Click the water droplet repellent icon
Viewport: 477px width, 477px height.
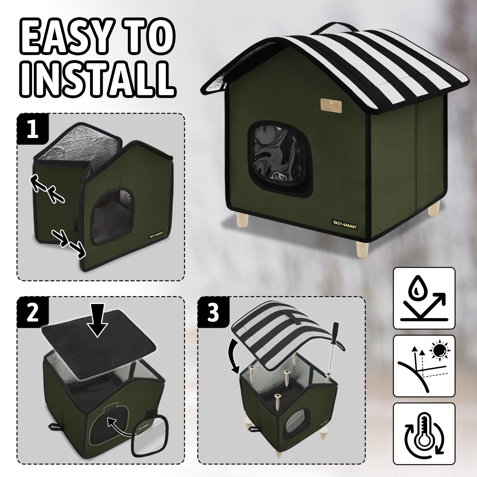tap(424, 298)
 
